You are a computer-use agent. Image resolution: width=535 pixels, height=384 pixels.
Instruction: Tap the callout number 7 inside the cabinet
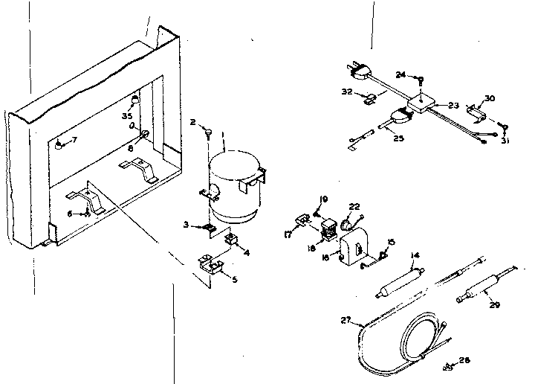[x=73, y=140]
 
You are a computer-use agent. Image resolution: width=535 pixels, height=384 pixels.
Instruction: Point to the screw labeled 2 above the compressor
[x=210, y=133]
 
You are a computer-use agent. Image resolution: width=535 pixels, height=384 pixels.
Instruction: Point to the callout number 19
[x=323, y=198]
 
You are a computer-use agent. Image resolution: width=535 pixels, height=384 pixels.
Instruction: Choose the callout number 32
[x=346, y=92]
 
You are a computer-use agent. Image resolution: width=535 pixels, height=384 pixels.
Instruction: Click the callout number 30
[x=489, y=97]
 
